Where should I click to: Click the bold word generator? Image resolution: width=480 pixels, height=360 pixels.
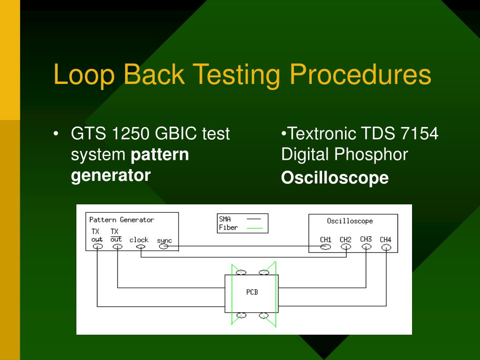coord(111,175)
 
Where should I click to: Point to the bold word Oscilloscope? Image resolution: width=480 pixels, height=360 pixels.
coord(335,178)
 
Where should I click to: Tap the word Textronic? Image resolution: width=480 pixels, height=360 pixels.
coord(322,134)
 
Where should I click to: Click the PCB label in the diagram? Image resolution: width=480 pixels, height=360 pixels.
coord(252,292)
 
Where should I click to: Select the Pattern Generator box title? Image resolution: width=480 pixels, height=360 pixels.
coord(121,219)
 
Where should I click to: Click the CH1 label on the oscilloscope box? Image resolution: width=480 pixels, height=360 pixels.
coord(326,240)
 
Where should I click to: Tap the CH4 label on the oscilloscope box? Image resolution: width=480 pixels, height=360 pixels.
coord(385,240)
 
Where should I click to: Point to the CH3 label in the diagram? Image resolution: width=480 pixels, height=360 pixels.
coord(366,239)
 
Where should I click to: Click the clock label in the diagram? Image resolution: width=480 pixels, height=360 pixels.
coord(139,240)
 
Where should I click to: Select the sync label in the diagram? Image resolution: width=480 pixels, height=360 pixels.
coord(164,240)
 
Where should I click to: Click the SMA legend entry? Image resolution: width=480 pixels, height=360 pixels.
coord(225,219)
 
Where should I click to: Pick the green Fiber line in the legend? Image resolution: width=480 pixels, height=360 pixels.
coord(255,228)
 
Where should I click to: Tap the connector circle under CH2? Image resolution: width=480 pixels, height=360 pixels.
coord(346,247)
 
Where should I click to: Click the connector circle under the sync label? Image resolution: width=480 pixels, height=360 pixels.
coord(164,247)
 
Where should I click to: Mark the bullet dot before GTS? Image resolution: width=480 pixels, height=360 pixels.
coord(56,134)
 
